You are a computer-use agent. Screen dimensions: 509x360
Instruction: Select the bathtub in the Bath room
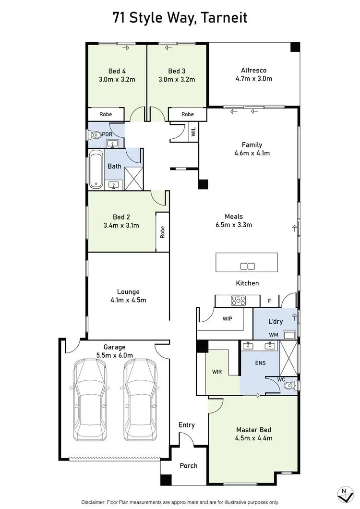(x=96, y=169)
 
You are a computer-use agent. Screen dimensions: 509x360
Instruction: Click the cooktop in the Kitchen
(x=239, y=301)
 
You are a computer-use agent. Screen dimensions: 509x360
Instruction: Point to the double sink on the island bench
(x=247, y=267)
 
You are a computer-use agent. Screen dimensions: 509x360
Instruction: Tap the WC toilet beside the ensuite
(x=289, y=386)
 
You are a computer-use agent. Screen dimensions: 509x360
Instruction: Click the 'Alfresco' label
(x=254, y=70)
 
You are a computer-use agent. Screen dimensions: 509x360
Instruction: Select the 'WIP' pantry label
(x=228, y=318)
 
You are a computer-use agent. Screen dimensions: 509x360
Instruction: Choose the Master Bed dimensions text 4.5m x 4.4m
(x=254, y=438)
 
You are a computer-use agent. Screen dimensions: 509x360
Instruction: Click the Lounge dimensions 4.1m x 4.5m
(x=128, y=300)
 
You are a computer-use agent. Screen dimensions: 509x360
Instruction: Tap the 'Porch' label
(x=188, y=465)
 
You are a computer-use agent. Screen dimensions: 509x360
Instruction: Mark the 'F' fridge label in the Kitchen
(x=270, y=301)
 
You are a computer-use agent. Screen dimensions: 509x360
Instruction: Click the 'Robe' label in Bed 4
(x=106, y=114)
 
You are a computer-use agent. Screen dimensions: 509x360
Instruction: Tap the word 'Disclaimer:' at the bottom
(x=98, y=501)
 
